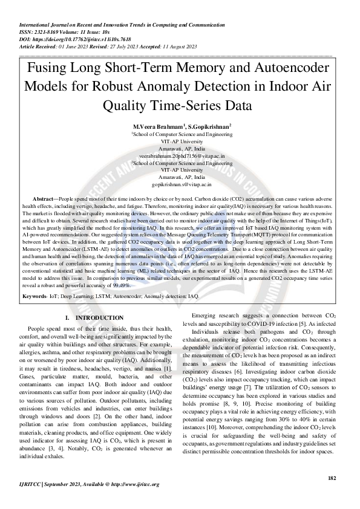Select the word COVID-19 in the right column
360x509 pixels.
272,325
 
